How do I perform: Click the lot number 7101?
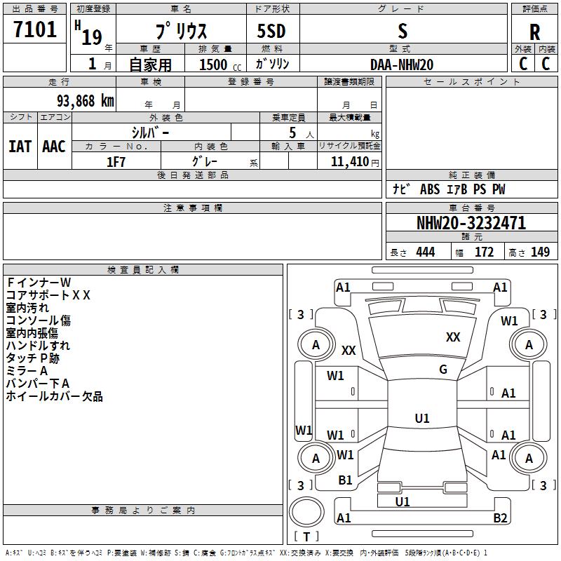point(35,30)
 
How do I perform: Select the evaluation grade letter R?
point(534,32)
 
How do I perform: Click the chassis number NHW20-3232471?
point(471,223)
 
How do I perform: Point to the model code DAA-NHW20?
point(402,65)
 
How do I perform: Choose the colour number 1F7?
point(116,162)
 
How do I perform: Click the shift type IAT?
point(20,147)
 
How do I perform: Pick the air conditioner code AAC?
point(53,147)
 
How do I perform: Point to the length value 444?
point(425,252)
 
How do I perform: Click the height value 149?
point(540,252)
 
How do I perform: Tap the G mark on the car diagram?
point(443,370)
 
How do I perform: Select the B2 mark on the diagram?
point(500,518)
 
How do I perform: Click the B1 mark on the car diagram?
point(345,480)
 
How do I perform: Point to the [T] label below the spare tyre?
point(306,537)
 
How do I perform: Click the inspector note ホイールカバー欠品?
point(55,397)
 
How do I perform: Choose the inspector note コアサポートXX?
point(48,295)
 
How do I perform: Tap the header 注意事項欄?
point(193,208)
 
